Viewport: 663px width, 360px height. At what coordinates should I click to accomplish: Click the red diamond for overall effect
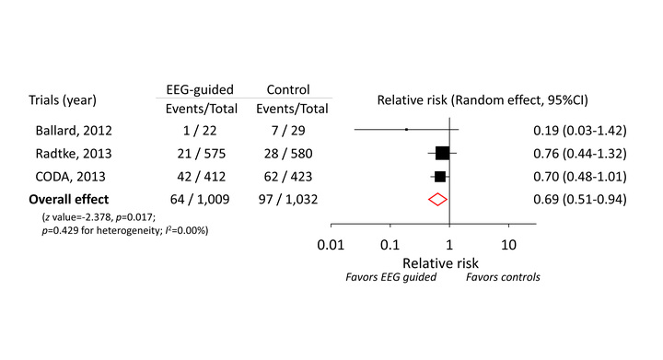click(437, 199)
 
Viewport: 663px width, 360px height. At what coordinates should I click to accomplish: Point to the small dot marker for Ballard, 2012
click(406, 130)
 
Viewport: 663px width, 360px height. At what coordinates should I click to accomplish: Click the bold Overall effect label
click(68, 199)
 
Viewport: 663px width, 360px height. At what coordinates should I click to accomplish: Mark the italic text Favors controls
click(503, 276)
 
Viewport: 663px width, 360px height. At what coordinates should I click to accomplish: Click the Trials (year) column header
click(61, 99)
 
